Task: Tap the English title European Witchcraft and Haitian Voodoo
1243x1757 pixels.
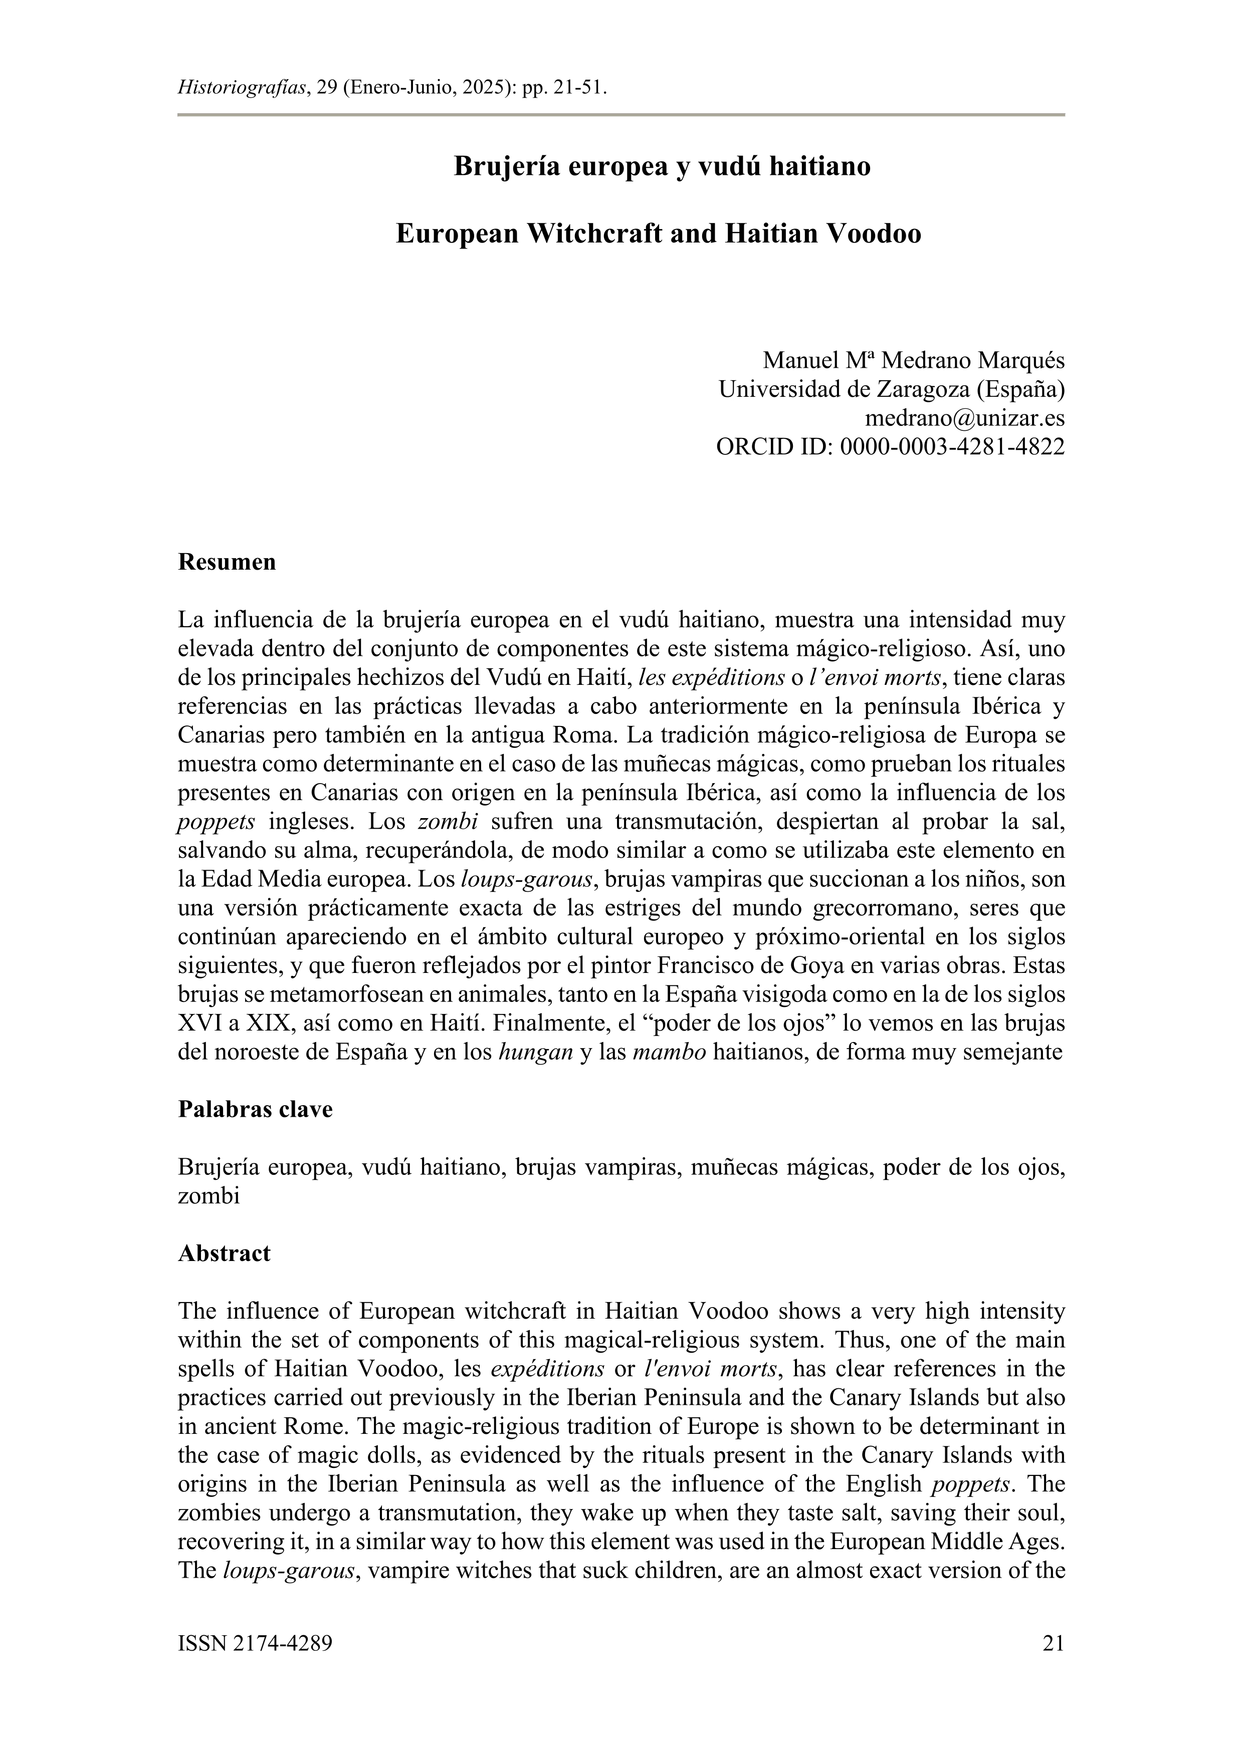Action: click(658, 233)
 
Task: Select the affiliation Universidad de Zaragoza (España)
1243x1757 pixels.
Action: click(891, 389)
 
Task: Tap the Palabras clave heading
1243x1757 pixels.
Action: click(255, 1109)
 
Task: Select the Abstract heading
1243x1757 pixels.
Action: click(224, 1253)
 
